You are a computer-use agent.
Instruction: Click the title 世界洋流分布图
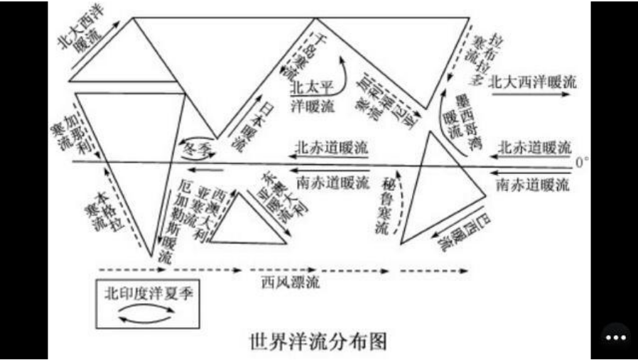[x=318, y=340]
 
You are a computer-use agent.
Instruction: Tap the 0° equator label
[x=582, y=163]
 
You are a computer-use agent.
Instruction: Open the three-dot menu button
[x=615, y=337]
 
